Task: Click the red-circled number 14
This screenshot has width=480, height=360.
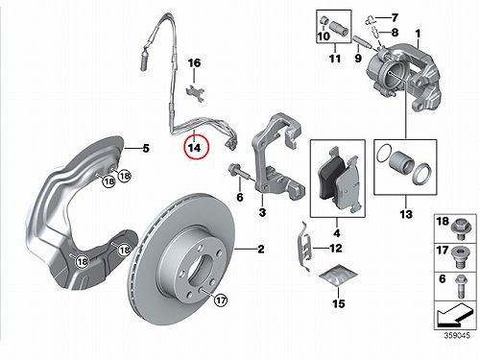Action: coord(195,148)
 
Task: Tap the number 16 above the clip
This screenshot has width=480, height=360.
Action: coord(194,62)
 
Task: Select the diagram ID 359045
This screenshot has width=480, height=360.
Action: coord(457,335)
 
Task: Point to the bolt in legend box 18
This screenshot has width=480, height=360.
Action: coord(461,229)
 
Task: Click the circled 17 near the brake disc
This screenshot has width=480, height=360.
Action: coord(221,300)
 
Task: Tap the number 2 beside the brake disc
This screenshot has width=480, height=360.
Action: coord(261,249)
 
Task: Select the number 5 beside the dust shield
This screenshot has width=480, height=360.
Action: coord(146,149)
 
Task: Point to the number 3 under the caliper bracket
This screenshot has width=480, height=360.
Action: coord(262,212)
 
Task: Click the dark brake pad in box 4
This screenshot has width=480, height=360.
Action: coord(330,179)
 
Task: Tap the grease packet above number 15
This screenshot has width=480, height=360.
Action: coord(338,276)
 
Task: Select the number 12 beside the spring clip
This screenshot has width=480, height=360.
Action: coord(336,248)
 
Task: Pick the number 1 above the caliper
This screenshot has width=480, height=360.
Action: coord(418,34)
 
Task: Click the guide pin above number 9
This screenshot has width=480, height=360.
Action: coord(363,42)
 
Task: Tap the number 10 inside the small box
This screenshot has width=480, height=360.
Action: coord(324,36)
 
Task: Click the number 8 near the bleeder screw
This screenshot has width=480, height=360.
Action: coord(395,32)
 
